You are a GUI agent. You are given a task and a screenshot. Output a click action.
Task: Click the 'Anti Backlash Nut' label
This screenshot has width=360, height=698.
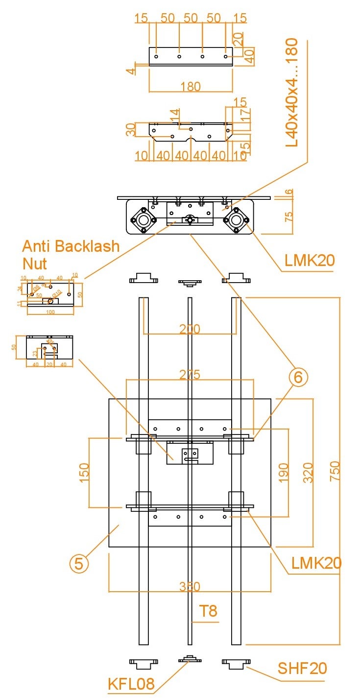71,254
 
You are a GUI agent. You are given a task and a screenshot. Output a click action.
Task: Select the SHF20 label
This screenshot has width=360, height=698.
302,668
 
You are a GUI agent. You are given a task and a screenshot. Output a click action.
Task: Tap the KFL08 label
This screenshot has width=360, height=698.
131,684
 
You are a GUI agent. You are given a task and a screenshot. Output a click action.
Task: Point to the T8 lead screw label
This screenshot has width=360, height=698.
208,611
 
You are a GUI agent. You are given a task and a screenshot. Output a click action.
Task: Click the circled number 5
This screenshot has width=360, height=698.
79,563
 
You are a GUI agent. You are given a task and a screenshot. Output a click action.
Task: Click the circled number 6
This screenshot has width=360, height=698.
298,377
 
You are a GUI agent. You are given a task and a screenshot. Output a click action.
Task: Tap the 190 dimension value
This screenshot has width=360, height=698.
284,472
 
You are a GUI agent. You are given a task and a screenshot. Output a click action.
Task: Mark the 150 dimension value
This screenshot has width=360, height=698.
84,472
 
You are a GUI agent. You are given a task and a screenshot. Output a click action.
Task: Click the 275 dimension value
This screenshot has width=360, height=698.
190,374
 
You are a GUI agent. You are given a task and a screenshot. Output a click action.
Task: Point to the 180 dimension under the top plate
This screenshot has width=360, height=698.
190,87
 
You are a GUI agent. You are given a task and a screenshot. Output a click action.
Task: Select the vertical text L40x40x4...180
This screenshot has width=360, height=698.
292,93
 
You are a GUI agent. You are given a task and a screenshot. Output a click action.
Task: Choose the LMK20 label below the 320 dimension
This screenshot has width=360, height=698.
316,563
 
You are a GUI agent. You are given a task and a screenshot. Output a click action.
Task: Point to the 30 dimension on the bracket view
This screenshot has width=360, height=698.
131,129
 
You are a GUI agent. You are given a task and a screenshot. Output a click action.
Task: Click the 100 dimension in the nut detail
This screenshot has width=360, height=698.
50,312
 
